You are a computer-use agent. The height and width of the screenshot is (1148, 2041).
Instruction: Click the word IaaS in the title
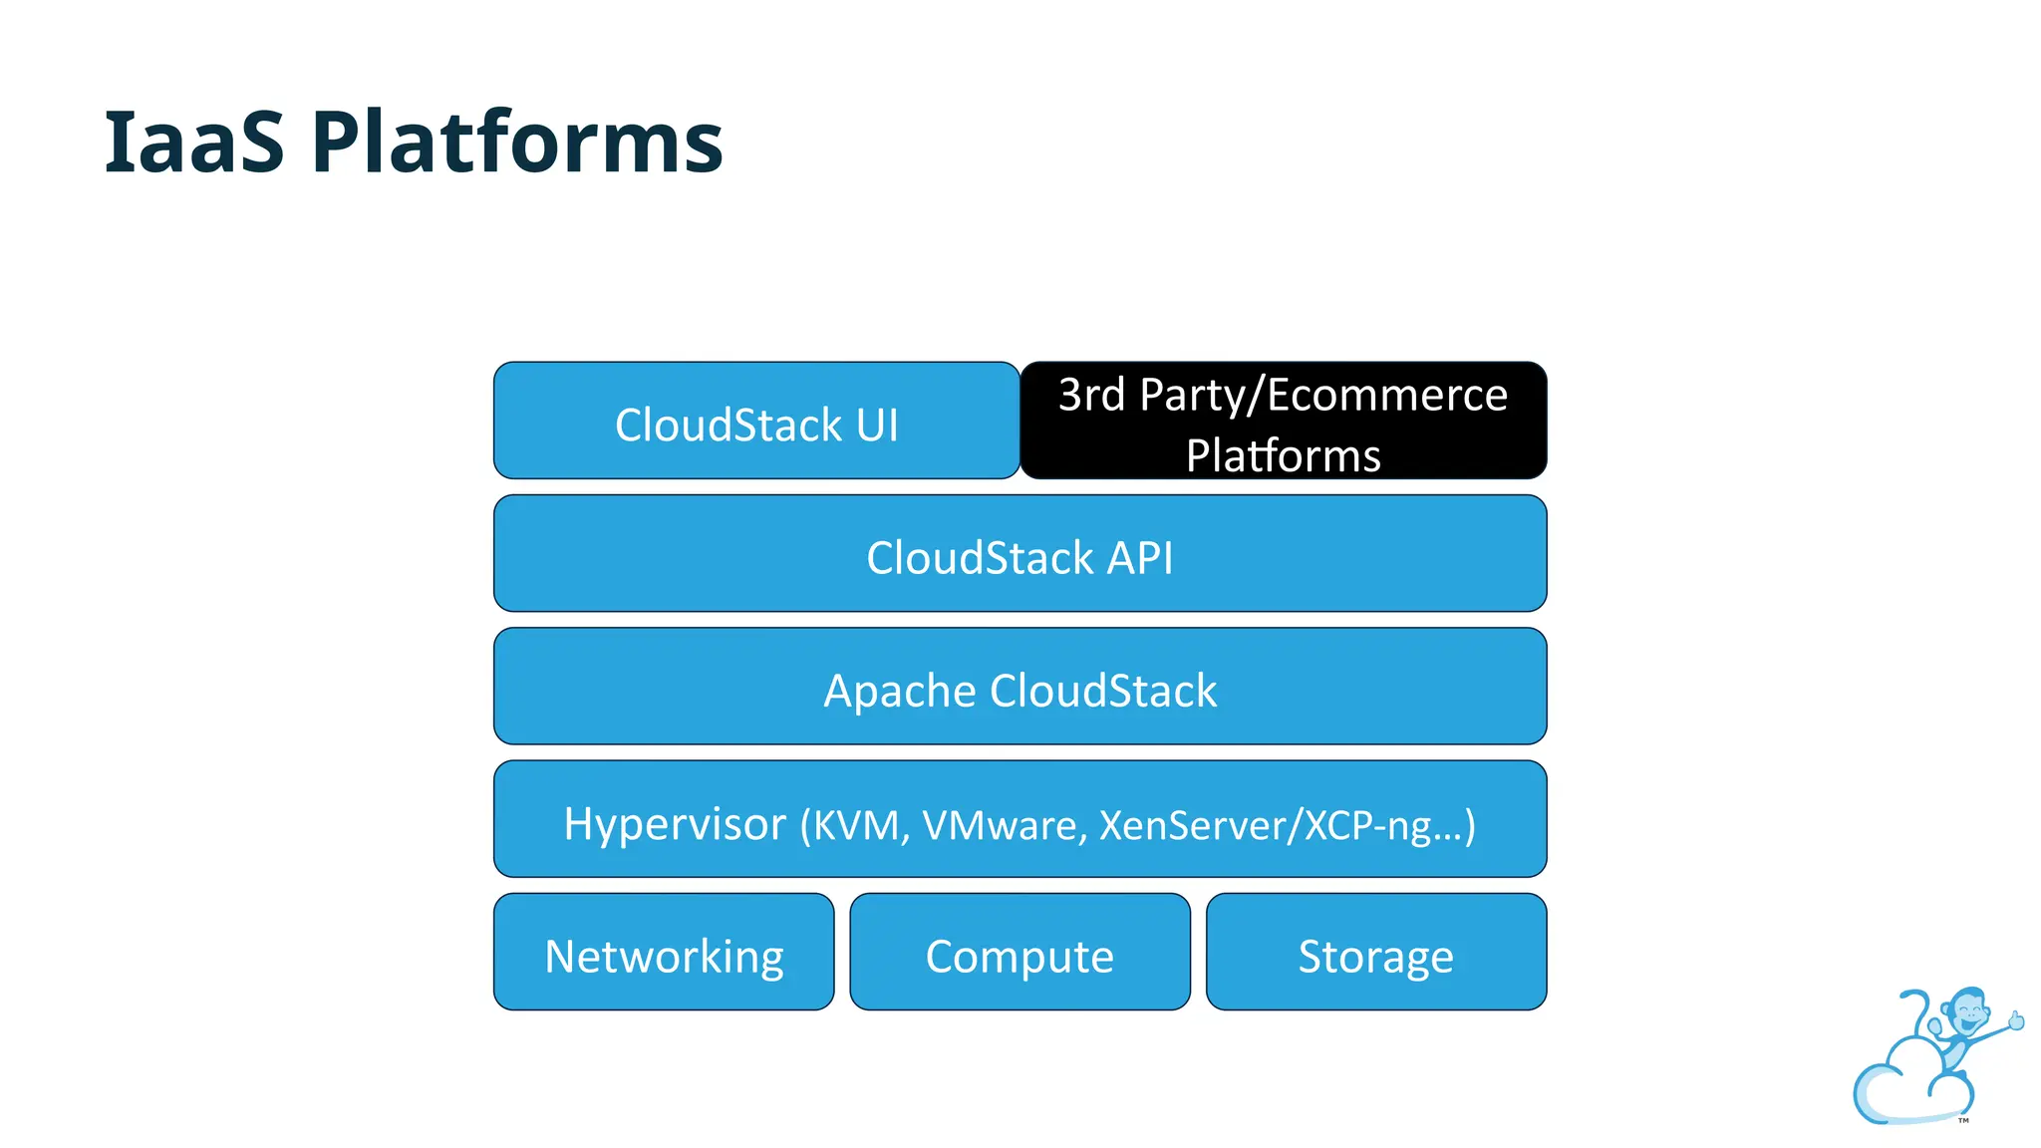click(x=194, y=143)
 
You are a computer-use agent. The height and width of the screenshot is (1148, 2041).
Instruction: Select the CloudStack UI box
click(x=756, y=422)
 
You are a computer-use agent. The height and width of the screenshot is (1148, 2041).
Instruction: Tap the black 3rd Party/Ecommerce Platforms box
click(x=1283, y=422)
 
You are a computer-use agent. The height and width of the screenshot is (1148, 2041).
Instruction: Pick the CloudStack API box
click(x=1020, y=554)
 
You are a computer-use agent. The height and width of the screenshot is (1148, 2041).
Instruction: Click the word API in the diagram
click(x=1139, y=558)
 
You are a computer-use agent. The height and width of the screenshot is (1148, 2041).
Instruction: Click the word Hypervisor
click(x=675, y=825)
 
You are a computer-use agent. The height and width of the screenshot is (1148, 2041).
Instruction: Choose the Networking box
click(x=664, y=953)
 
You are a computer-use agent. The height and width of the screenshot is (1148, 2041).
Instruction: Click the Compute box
click(x=1020, y=953)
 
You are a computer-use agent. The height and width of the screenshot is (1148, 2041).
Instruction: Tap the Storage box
click(x=1375, y=953)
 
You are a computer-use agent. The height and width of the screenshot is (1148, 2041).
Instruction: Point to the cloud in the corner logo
click(x=1903, y=1086)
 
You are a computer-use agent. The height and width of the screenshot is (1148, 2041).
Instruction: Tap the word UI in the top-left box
click(x=877, y=426)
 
